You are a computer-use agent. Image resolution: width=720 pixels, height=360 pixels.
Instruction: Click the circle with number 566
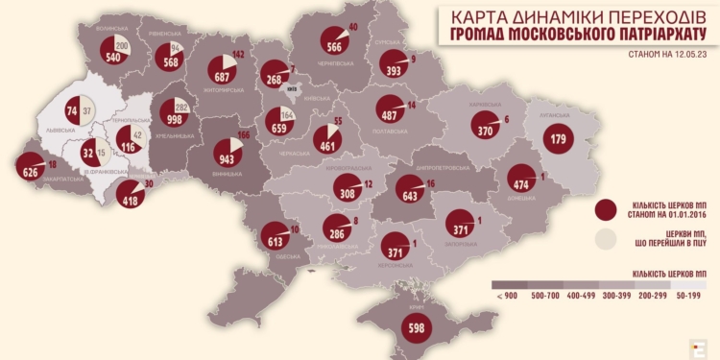tap(334, 46)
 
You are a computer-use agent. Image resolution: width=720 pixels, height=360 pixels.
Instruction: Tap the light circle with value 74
tap(71, 111)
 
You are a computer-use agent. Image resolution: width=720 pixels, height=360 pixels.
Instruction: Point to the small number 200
tap(121, 46)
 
